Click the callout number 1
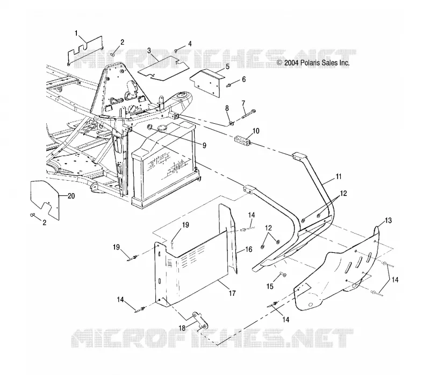pos(76,33)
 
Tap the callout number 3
pos(149,51)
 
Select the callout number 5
pos(227,67)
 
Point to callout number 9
pos(204,145)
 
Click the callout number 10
pos(256,131)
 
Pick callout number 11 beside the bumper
pos(339,176)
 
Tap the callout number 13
pos(388,221)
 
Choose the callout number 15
pos(270,287)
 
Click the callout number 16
pos(249,249)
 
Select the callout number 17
pos(232,293)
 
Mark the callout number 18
pos(182,328)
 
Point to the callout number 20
pos(71,196)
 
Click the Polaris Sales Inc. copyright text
pos(313,63)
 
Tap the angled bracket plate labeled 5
pos(207,82)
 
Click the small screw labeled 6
pos(228,86)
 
